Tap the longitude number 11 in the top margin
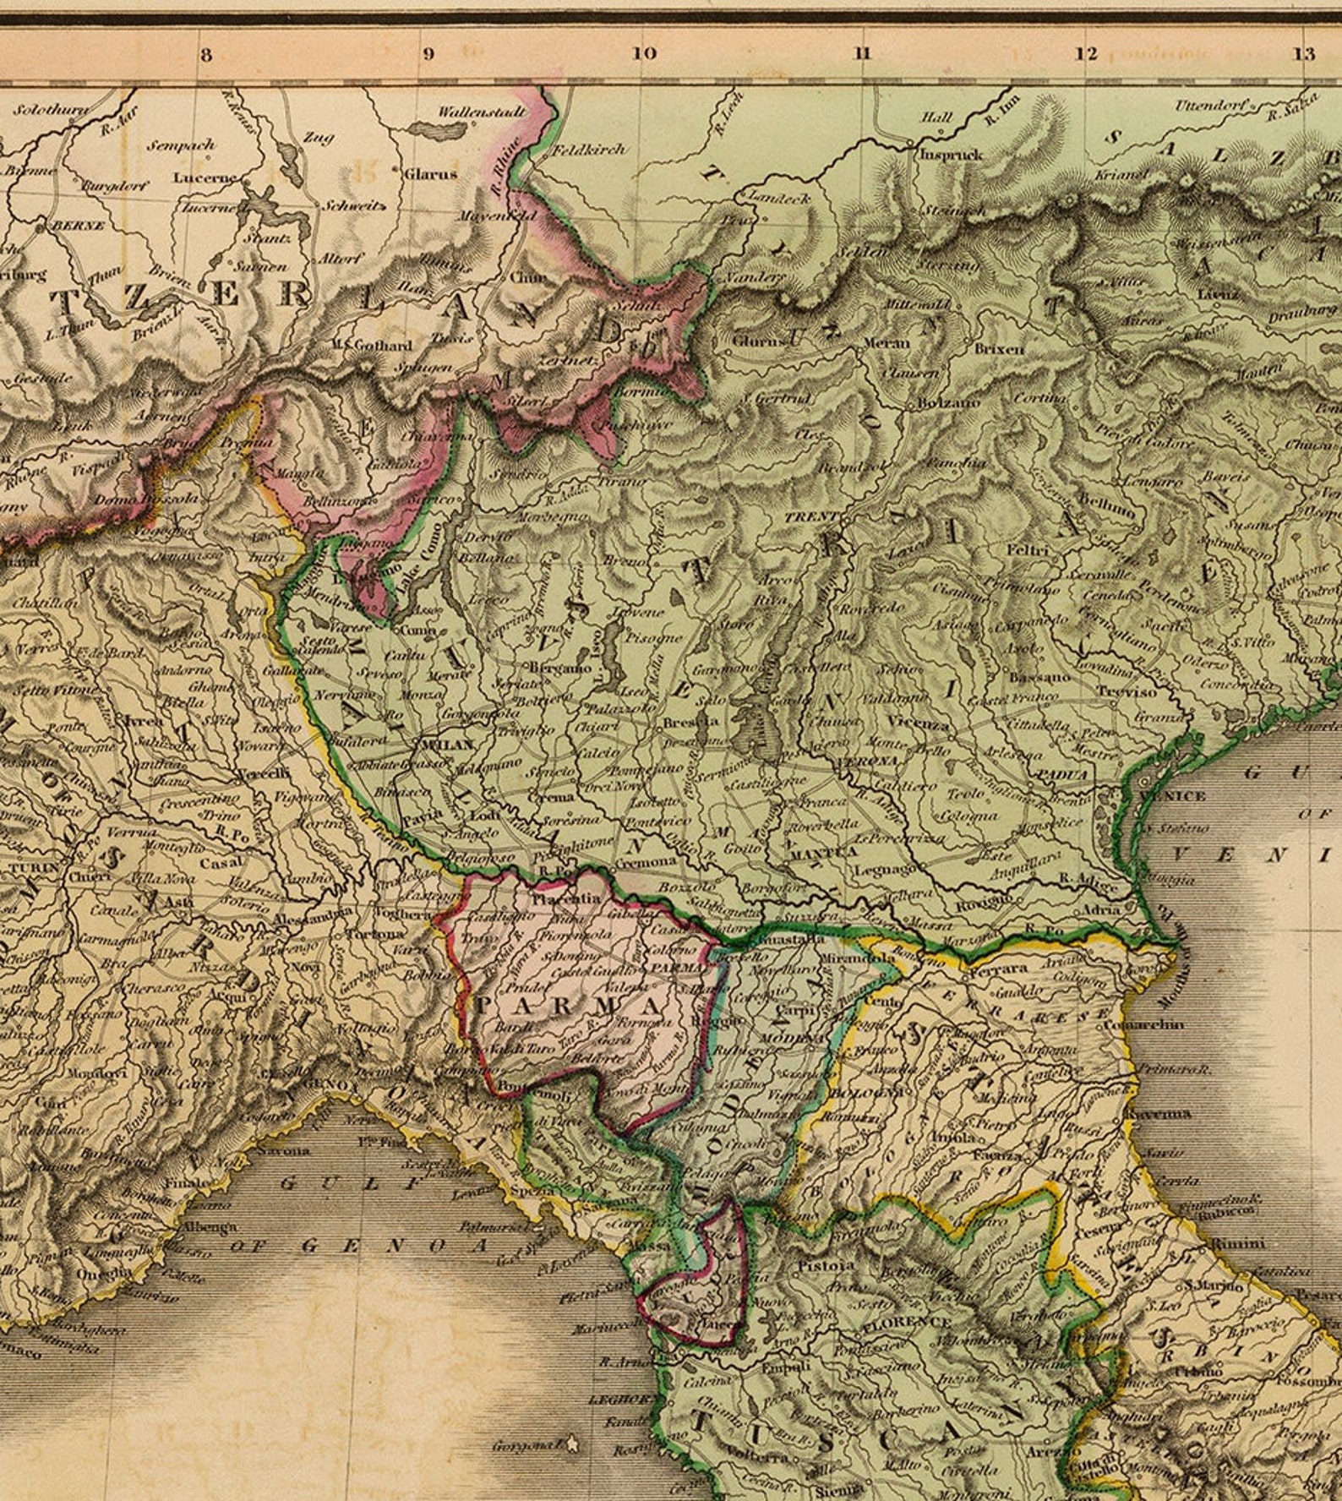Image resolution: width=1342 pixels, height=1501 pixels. [x=862, y=53]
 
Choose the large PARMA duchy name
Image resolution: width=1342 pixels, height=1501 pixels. [x=568, y=1006]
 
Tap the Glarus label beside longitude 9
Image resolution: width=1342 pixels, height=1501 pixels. [x=429, y=174]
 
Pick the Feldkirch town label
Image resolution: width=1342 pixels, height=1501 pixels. [x=589, y=150]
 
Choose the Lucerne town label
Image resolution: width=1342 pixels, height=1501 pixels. [x=205, y=178]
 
